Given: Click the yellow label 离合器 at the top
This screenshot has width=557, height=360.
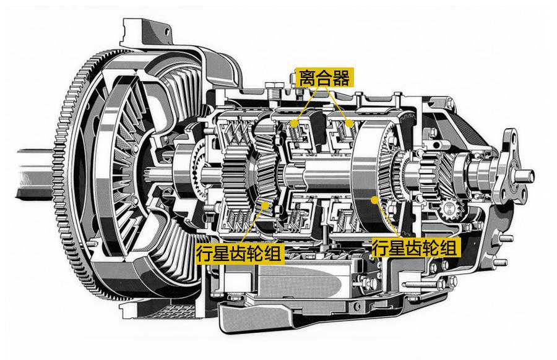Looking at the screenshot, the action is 325,77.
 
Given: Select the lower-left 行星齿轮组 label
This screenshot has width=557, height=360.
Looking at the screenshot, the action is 240,254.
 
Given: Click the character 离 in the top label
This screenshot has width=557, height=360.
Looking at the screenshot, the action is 307,77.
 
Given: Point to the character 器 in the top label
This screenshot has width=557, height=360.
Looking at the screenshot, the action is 342,77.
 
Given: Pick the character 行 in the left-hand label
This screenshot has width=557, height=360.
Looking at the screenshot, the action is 205,254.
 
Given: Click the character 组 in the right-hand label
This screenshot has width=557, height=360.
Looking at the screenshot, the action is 450,247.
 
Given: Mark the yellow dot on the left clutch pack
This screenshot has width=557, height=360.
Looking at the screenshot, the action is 294,124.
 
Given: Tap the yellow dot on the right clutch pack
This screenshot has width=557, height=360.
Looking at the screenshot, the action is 349,124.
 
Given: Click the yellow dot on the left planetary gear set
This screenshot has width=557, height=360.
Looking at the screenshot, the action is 265,205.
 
